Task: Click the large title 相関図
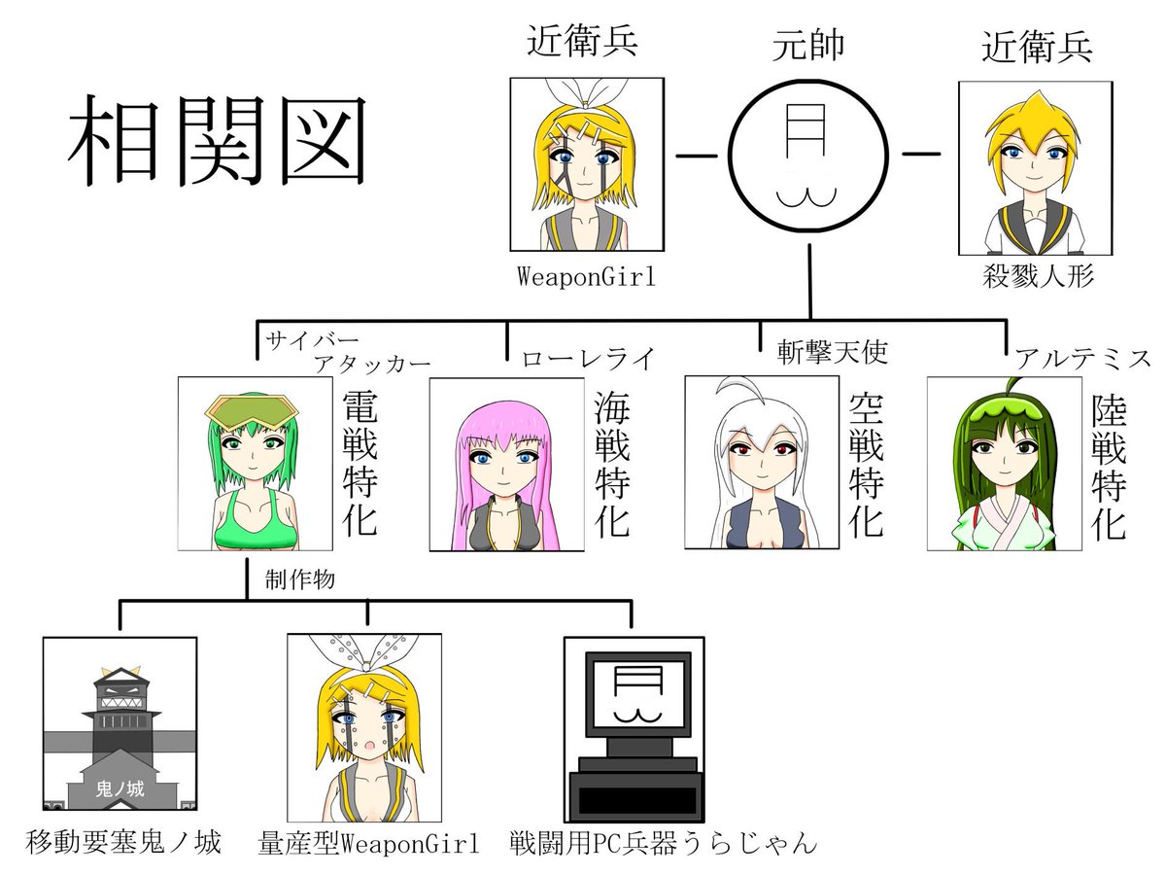click(218, 141)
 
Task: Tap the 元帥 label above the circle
click(808, 45)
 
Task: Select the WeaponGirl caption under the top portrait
click(587, 277)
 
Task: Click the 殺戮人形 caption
click(1038, 276)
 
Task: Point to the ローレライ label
click(589, 360)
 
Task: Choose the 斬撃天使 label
click(833, 352)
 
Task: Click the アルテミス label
click(1083, 359)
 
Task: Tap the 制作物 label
click(300, 579)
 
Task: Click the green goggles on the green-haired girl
click(252, 414)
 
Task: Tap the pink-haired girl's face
click(503, 462)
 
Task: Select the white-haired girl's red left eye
click(782, 449)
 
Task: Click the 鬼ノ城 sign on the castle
click(120, 788)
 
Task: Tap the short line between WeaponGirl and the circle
click(697, 157)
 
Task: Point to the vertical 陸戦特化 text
click(1109, 467)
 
